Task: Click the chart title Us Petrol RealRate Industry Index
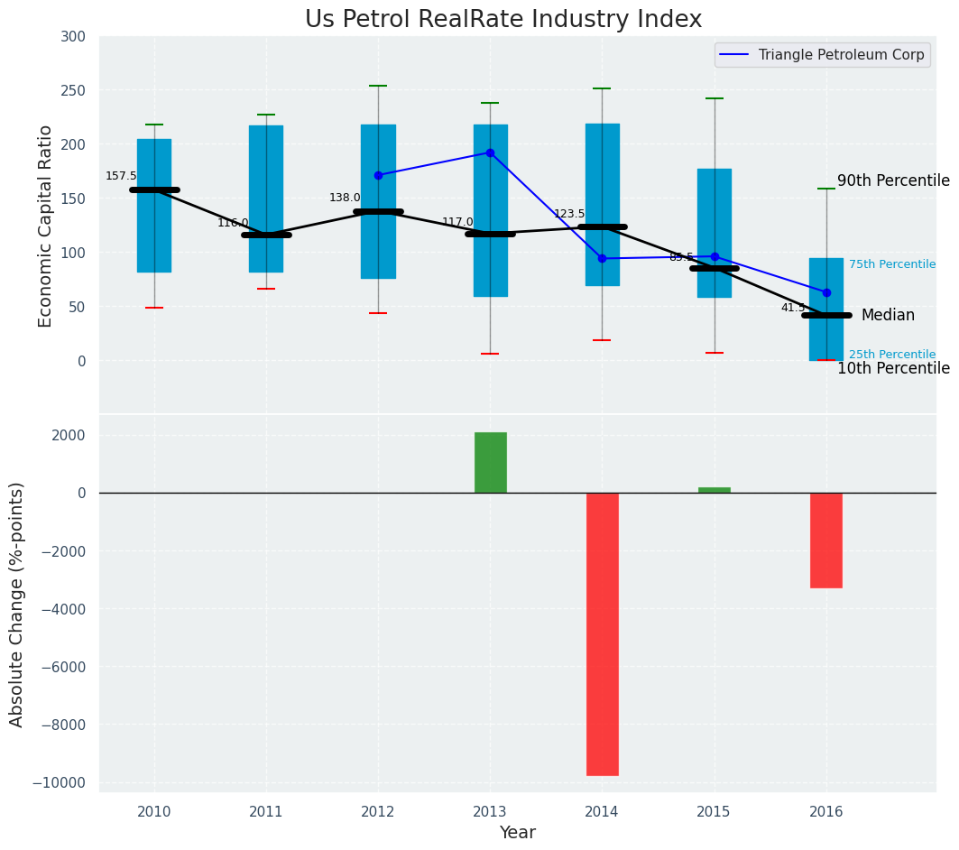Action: pyautogui.click(x=503, y=20)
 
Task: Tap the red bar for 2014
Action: pyautogui.click(x=602, y=633)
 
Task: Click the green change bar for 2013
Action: pyautogui.click(x=490, y=462)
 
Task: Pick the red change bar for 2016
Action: pyautogui.click(x=825, y=540)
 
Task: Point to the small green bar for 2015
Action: pyautogui.click(x=714, y=490)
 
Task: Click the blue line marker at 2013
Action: pyautogui.click(x=490, y=152)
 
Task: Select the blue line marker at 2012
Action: pyautogui.click(x=378, y=175)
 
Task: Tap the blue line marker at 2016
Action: pyautogui.click(x=826, y=292)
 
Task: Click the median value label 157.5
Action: pyautogui.click(x=121, y=176)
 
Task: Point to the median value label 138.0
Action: pyautogui.click(x=345, y=198)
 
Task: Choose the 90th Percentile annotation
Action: pyautogui.click(x=893, y=180)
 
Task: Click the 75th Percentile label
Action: pyautogui.click(x=891, y=264)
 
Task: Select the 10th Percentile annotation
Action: pyautogui.click(x=893, y=368)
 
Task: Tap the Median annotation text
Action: pyautogui.click(x=888, y=315)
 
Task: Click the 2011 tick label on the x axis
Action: pyautogui.click(x=266, y=811)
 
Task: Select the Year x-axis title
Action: pyautogui.click(x=517, y=832)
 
